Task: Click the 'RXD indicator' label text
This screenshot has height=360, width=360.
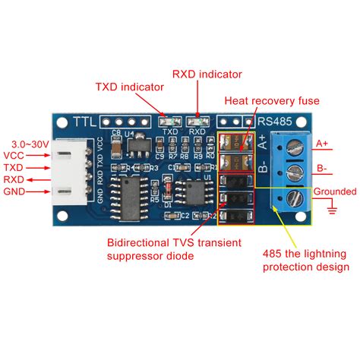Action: (207, 74)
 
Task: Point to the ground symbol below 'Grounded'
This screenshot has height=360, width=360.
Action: (331, 207)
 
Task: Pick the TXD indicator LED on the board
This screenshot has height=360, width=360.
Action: (169, 120)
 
